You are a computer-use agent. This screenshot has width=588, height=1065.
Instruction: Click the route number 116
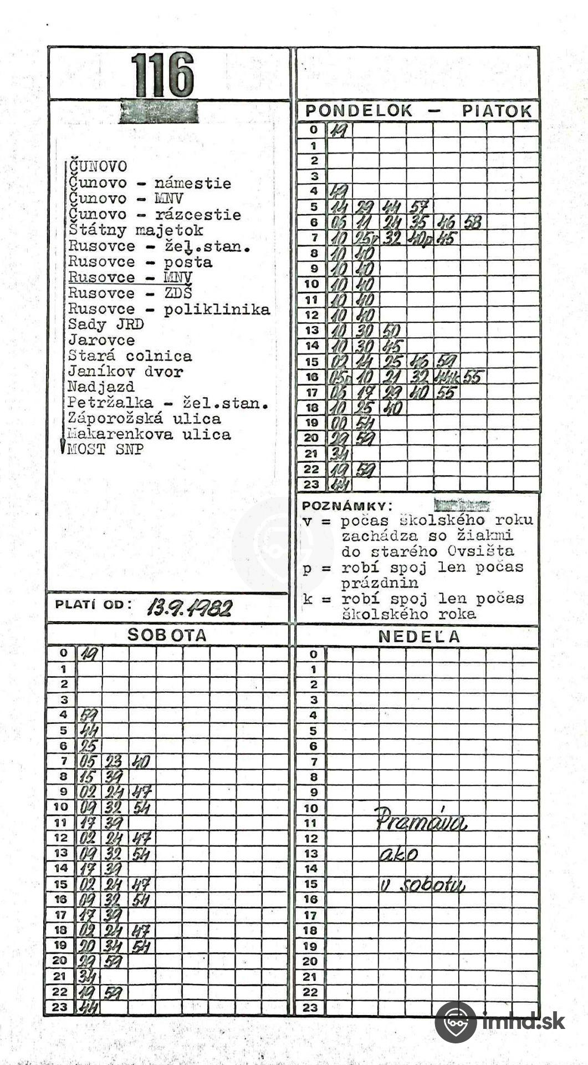(x=163, y=75)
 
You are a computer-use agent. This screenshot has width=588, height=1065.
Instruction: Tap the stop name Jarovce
(x=101, y=341)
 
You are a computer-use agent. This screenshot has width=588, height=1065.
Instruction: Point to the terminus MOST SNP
(x=105, y=450)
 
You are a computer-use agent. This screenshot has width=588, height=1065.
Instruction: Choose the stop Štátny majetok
(x=136, y=230)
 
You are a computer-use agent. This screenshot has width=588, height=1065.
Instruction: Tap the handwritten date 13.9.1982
(x=189, y=608)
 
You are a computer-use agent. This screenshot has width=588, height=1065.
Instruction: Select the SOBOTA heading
(x=167, y=636)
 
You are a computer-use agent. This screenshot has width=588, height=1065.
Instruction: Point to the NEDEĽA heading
(x=419, y=637)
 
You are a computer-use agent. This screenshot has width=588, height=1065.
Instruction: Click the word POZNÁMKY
(x=346, y=506)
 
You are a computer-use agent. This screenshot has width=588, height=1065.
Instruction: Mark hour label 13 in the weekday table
(x=313, y=331)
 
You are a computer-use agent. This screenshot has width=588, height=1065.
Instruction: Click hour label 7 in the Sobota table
(x=63, y=761)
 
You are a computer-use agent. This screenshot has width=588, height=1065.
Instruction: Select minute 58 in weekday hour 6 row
(x=472, y=223)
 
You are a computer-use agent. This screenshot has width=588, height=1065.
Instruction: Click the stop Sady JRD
(x=105, y=324)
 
